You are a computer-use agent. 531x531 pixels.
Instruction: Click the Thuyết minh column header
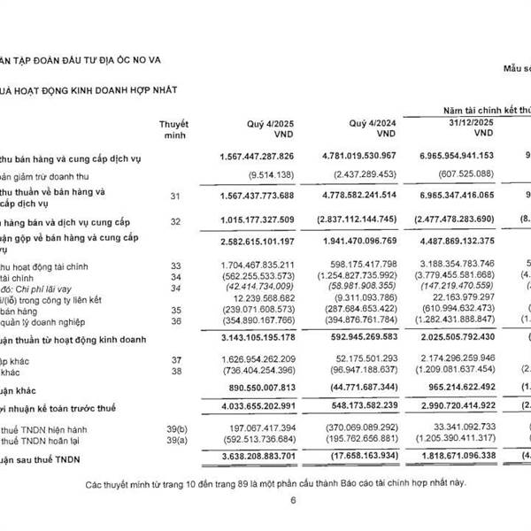tap(173, 130)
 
